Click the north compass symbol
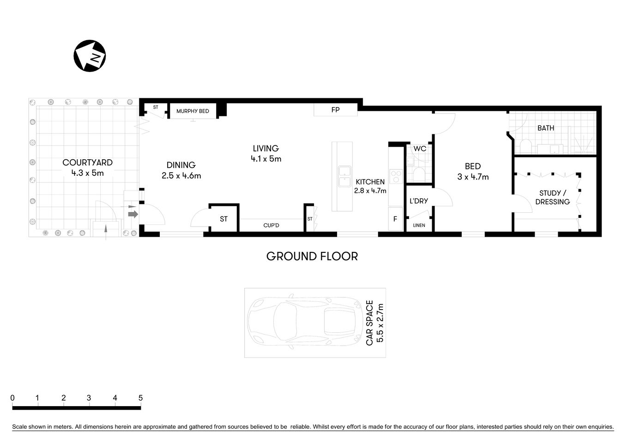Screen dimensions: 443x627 tap(90, 56)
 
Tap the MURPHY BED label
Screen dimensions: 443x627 tap(193, 111)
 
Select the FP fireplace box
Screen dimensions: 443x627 tap(336, 110)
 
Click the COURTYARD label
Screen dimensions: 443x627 tap(87, 162)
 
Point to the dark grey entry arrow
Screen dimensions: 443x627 tap(133, 214)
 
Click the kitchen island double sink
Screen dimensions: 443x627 tap(344, 176)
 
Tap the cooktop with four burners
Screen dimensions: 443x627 tap(396, 176)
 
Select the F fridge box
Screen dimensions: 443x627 tap(396, 220)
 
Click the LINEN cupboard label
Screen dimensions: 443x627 tap(419, 226)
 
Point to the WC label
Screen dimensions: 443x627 tap(420, 149)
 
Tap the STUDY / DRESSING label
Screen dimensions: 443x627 tap(552, 198)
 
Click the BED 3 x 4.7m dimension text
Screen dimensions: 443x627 tap(473, 177)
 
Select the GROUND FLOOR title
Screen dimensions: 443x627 tap(312, 256)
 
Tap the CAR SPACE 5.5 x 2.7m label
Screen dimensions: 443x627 tap(374, 323)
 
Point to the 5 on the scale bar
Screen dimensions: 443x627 tap(140, 398)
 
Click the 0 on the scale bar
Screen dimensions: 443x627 tap(12, 398)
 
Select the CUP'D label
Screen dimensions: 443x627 tap(271, 225)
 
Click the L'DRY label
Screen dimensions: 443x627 tap(419, 201)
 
